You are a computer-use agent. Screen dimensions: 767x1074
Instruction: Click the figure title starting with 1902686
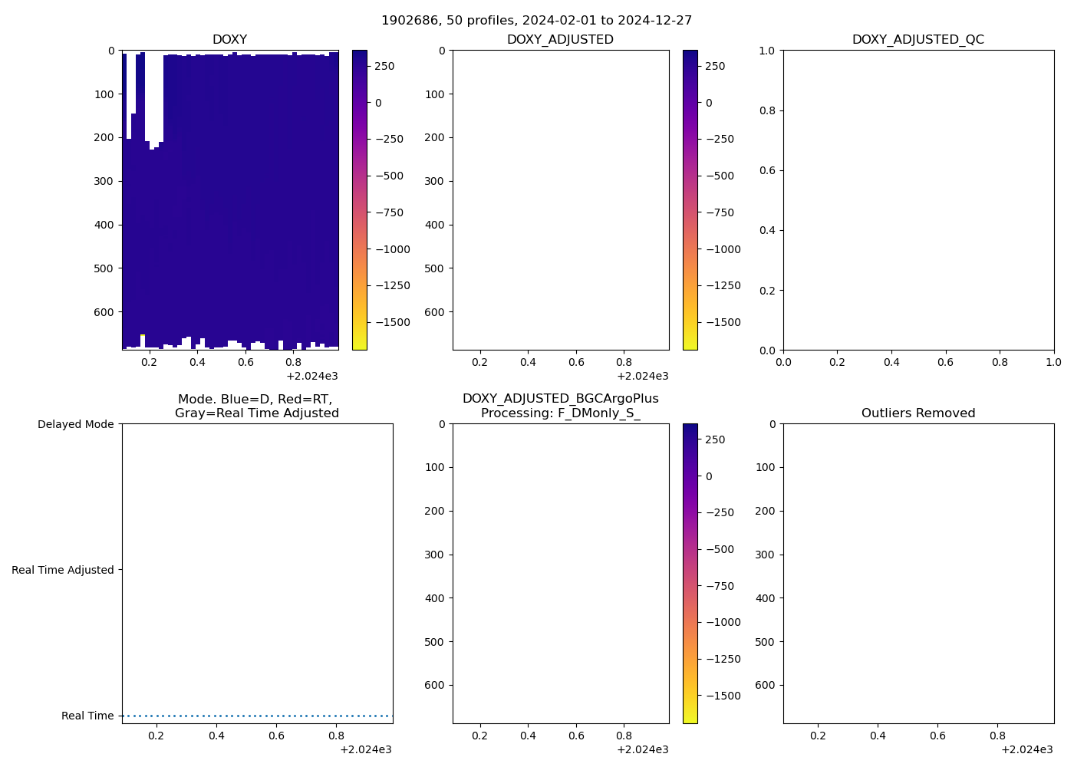pos(536,20)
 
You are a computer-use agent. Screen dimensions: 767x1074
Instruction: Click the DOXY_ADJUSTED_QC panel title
pos(918,39)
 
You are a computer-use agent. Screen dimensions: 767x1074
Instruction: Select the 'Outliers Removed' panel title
pos(918,413)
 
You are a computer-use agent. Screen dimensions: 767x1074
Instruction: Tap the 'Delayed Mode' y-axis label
pos(75,424)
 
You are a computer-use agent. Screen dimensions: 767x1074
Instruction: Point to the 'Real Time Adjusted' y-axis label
pos(62,570)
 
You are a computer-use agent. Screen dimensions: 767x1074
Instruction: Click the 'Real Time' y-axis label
pos(87,716)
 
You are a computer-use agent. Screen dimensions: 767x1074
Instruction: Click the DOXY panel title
pos(229,39)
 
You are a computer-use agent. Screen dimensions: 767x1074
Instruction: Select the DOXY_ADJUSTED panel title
pos(560,39)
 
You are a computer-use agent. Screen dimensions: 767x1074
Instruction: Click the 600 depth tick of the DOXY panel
pos(104,312)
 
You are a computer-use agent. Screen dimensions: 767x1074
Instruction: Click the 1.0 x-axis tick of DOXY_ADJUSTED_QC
pos(1053,362)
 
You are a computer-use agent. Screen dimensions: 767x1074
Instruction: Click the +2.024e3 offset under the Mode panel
pos(365,749)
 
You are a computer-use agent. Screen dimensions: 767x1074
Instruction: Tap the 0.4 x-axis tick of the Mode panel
pos(216,736)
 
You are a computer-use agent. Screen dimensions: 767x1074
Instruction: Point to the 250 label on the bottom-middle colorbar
pos(715,439)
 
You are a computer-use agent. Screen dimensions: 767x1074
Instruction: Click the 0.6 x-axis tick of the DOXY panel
pos(245,362)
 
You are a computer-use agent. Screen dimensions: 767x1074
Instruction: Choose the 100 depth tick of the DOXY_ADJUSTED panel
pos(434,94)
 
